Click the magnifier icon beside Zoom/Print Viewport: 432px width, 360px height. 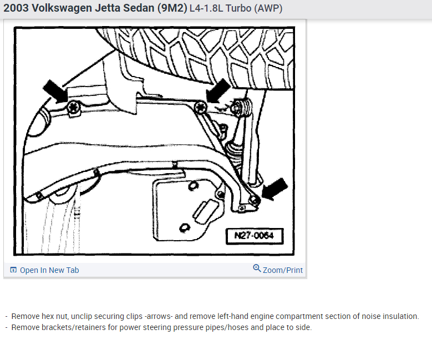tap(257, 268)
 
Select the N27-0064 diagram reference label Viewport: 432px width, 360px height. tap(255, 236)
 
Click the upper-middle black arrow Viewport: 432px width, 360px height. tap(218, 90)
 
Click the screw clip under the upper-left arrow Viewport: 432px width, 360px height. tap(74, 108)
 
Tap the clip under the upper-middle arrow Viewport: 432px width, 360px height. tap(201, 108)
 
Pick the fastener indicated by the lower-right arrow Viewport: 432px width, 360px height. tap(254, 200)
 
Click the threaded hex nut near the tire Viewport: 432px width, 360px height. tap(241, 108)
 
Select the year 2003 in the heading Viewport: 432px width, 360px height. tap(16, 8)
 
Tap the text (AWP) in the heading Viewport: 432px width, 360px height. tap(268, 8)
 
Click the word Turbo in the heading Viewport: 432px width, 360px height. tap(238, 8)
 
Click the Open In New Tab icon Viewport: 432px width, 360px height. tap(13, 270)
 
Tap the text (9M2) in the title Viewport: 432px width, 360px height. tap(172, 8)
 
